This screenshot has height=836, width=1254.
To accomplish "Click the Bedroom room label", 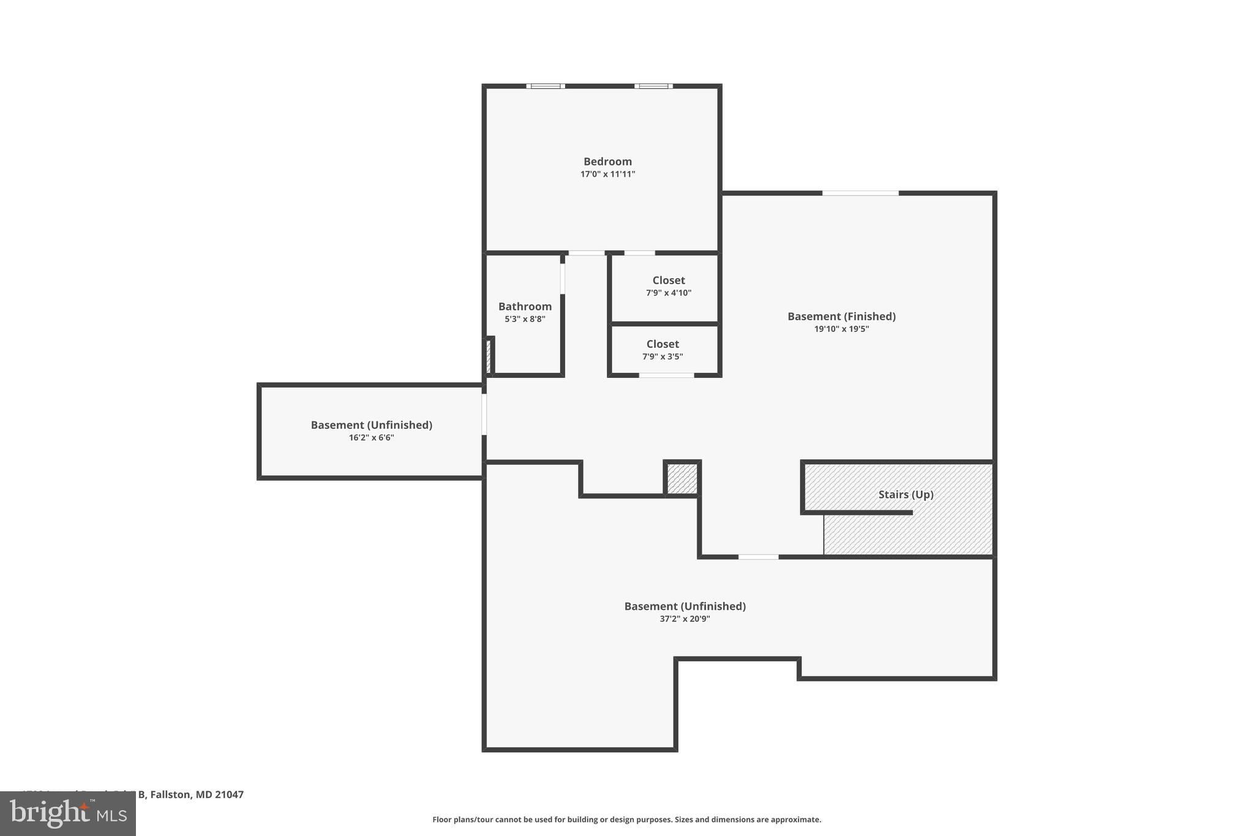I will pyautogui.click(x=607, y=162).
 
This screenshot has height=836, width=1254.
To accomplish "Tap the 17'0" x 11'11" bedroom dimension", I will pyautogui.click(x=607, y=175).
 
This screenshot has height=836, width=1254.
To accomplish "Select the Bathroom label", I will pyautogui.click(x=525, y=306).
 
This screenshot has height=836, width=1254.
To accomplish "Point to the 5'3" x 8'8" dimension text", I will pyautogui.click(x=525, y=319).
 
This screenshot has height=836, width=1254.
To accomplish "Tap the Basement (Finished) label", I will pyautogui.click(x=841, y=316).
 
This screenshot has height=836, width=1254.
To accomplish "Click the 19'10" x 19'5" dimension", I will pyautogui.click(x=841, y=329).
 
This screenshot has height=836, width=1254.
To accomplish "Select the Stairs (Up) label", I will pyautogui.click(x=906, y=494).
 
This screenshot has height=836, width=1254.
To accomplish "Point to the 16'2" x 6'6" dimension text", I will pyautogui.click(x=371, y=438).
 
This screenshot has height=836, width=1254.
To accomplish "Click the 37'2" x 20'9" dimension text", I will pyautogui.click(x=685, y=619).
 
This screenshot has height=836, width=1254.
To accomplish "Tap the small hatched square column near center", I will pyautogui.click(x=682, y=478).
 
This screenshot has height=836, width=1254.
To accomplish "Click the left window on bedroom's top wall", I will pyautogui.click(x=546, y=86).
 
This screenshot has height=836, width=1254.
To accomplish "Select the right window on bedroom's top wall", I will pyautogui.click(x=653, y=86).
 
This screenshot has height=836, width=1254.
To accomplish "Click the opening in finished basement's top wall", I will pyautogui.click(x=860, y=194).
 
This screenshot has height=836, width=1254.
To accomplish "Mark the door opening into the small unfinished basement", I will pyautogui.click(x=484, y=415).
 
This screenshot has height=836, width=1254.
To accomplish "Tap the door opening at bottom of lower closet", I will pyautogui.click(x=666, y=375).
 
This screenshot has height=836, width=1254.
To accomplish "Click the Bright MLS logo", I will pyautogui.click(x=68, y=814).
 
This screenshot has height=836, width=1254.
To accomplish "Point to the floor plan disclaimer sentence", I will pyautogui.click(x=626, y=819).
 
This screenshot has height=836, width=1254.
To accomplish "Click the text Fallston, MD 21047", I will pyautogui.click(x=197, y=794).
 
